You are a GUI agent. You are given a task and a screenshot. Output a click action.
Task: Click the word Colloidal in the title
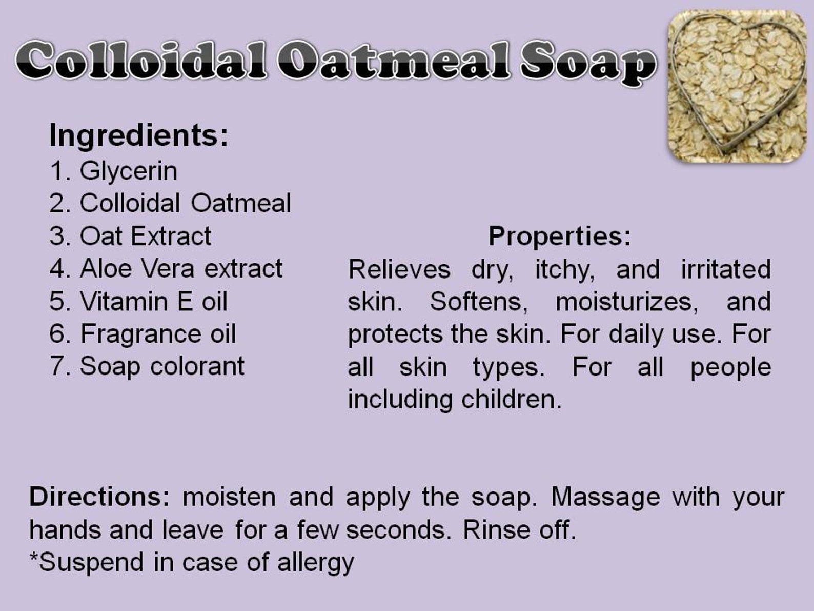(141, 60)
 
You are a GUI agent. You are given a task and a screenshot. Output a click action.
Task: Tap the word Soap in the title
(588, 63)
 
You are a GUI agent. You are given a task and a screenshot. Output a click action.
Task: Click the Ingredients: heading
(139, 136)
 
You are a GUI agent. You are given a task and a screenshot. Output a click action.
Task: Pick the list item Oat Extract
(146, 236)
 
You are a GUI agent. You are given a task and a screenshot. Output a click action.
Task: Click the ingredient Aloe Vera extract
(181, 268)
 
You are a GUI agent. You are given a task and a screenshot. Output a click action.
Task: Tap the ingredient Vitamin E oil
(154, 301)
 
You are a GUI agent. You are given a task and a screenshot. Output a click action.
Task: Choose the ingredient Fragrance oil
(157, 334)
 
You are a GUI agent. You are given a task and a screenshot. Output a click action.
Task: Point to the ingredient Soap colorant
(161, 367)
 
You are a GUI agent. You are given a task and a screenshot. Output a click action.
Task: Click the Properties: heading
(560, 237)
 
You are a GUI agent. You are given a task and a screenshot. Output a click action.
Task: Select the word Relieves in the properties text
(399, 269)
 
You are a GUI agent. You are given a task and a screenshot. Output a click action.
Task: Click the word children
(512, 399)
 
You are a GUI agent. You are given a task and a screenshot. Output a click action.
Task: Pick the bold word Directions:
(99, 497)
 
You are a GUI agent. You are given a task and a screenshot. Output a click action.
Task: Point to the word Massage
(605, 498)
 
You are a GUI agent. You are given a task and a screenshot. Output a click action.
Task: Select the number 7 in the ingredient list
(57, 366)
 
